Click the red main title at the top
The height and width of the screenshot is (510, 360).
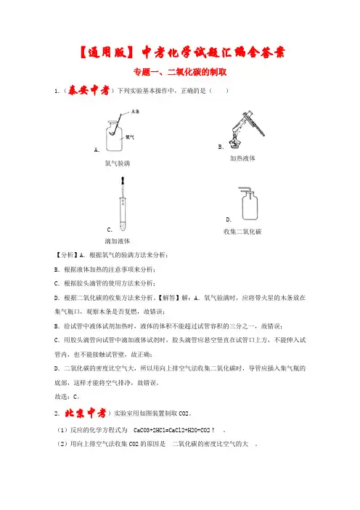point(182,52)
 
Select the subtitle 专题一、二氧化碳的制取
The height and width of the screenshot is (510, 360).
point(180,72)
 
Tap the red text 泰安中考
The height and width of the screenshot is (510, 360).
point(89,90)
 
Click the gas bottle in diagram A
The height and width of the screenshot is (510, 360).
point(114,136)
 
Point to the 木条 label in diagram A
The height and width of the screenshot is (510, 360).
point(135,112)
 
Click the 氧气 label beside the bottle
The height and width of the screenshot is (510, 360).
point(130,137)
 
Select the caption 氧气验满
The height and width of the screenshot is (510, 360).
point(118,163)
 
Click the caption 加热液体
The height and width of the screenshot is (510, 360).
point(242,158)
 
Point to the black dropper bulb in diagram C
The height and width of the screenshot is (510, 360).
point(123,181)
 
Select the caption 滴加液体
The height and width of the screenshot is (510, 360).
point(118,241)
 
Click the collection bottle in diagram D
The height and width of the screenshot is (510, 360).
point(250,206)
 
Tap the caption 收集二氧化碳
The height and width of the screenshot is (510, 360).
point(242,232)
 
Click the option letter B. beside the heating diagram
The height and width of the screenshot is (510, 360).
point(221,147)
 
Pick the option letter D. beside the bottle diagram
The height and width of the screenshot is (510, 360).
point(229,219)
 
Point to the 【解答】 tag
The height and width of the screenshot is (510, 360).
point(168,298)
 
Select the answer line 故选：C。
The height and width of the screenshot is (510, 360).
point(67,397)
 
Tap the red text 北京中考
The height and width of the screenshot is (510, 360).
point(86,413)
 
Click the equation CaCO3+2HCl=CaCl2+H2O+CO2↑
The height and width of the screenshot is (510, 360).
point(174,430)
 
